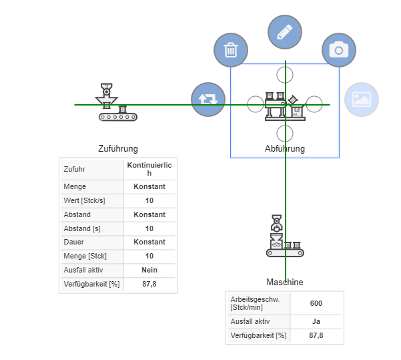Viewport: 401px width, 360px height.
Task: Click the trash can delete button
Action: tap(231, 50)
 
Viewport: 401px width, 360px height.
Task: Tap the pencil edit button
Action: tap(285, 32)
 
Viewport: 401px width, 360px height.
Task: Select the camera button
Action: tap(339, 50)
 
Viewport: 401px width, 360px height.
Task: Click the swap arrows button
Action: tap(208, 100)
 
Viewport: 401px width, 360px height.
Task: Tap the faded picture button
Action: tap(361, 100)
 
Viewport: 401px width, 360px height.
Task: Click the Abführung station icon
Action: tap(285, 106)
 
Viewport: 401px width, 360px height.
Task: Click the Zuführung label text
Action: tap(118, 149)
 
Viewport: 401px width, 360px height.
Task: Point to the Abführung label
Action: tap(285, 149)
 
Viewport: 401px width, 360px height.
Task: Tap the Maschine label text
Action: tap(285, 283)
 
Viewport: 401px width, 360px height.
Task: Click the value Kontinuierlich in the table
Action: tap(149, 169)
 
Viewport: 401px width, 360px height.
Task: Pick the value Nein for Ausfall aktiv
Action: tap(149, 271)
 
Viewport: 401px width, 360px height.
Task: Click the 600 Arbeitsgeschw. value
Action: tap(316, 303)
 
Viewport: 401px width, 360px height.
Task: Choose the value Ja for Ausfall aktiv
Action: tap(316, 321)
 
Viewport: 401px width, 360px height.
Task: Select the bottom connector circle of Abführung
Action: tap(285, 132)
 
